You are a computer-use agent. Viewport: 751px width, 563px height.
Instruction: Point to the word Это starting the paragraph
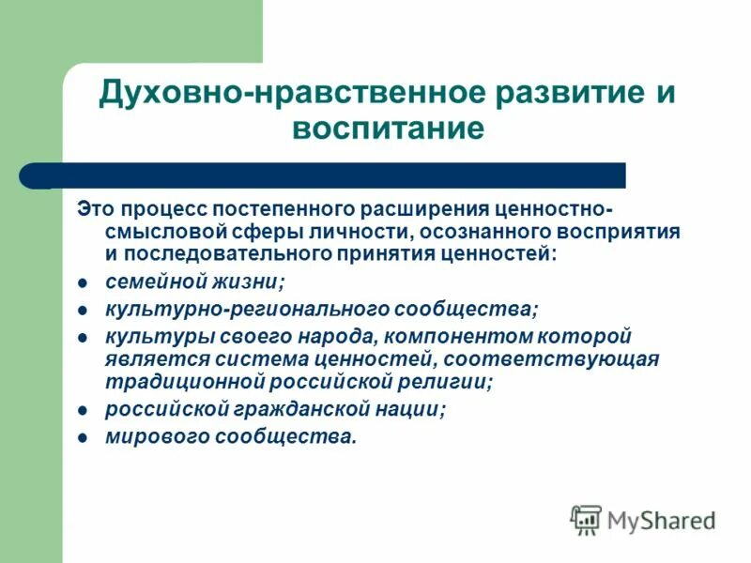(95, 207)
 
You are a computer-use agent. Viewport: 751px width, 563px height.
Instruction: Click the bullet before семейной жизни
(82, 281)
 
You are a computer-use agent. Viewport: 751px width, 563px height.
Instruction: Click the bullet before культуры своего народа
(82, 337)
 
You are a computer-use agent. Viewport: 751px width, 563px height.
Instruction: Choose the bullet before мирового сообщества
(82, 437)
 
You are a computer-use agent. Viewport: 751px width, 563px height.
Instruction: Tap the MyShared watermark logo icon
(586, 519)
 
